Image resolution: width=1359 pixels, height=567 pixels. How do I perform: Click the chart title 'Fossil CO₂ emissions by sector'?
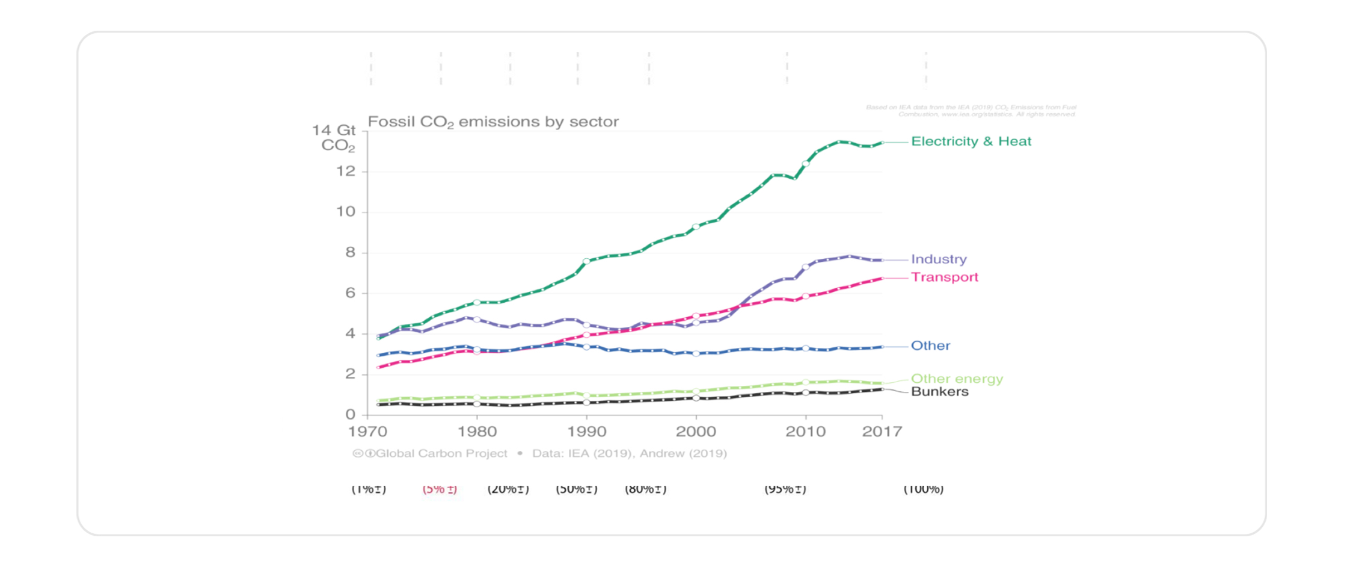pos(493,122)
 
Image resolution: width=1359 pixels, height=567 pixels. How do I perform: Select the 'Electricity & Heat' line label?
pos(971,141)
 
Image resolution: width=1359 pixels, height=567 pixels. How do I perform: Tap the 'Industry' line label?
pos(939,259)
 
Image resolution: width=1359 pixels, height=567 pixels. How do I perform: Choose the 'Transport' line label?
pos(944,277)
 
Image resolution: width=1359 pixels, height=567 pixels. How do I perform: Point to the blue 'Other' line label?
pos(930,346)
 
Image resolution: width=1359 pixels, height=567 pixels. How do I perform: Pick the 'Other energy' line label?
pos(957,379)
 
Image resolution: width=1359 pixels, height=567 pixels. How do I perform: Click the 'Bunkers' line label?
pos(939,392)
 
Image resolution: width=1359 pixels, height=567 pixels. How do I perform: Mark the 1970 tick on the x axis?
pos(368,432)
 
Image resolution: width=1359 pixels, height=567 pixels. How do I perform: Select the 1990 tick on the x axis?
pos(587,432)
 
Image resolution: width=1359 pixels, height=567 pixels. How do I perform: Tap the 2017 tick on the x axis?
pos(882,432)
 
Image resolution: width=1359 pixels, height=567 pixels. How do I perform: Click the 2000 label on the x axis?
pos(696,432)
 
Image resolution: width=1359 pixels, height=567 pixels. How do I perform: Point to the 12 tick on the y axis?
pos(346,172)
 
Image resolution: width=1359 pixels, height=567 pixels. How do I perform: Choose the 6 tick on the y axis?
pos(350,293)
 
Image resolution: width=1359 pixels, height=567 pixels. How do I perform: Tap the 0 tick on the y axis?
pos(350,415)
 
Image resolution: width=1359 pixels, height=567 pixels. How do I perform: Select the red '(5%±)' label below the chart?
pos(440,489)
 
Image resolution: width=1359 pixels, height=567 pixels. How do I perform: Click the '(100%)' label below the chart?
pos(923,489)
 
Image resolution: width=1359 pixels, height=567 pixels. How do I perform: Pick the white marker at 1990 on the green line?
pos(586,262)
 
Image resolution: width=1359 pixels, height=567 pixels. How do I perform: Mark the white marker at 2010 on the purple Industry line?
pos(806,267)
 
